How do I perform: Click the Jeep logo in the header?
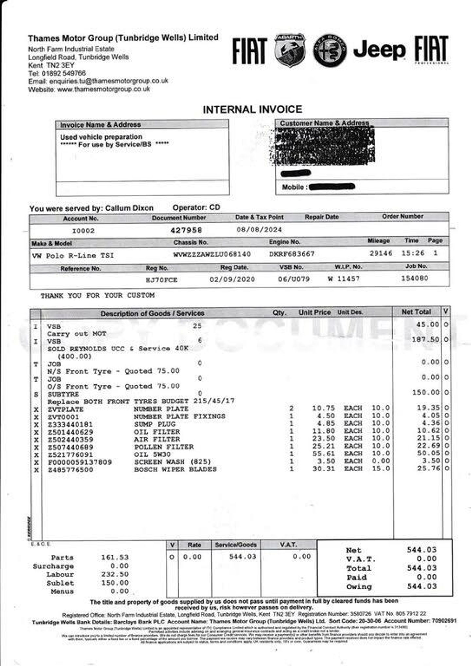coord(379,50)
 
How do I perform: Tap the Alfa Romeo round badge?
coord(330,51)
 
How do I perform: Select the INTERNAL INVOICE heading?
coord(252,109)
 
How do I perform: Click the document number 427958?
coord(186,230)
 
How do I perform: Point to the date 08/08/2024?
coord(259,230)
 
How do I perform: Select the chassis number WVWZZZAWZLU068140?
coord(212,254)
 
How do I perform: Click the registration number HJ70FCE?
coord(162,280)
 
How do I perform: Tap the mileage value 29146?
coord(381,253)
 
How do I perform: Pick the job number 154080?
coord(414,278)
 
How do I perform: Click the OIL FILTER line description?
coord(157,432)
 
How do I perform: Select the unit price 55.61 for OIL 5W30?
coord(323,453)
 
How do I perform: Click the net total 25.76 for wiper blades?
coord(428,469)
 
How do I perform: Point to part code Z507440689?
coord(70,447)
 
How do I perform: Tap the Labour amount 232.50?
coord(114,574)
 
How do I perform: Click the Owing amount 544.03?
coord(422,586)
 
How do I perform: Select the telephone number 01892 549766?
coord(63,73)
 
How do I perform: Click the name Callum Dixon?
coord(129,208)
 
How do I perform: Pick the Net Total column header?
coord(416,312)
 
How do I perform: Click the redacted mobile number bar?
coord(332,187)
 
